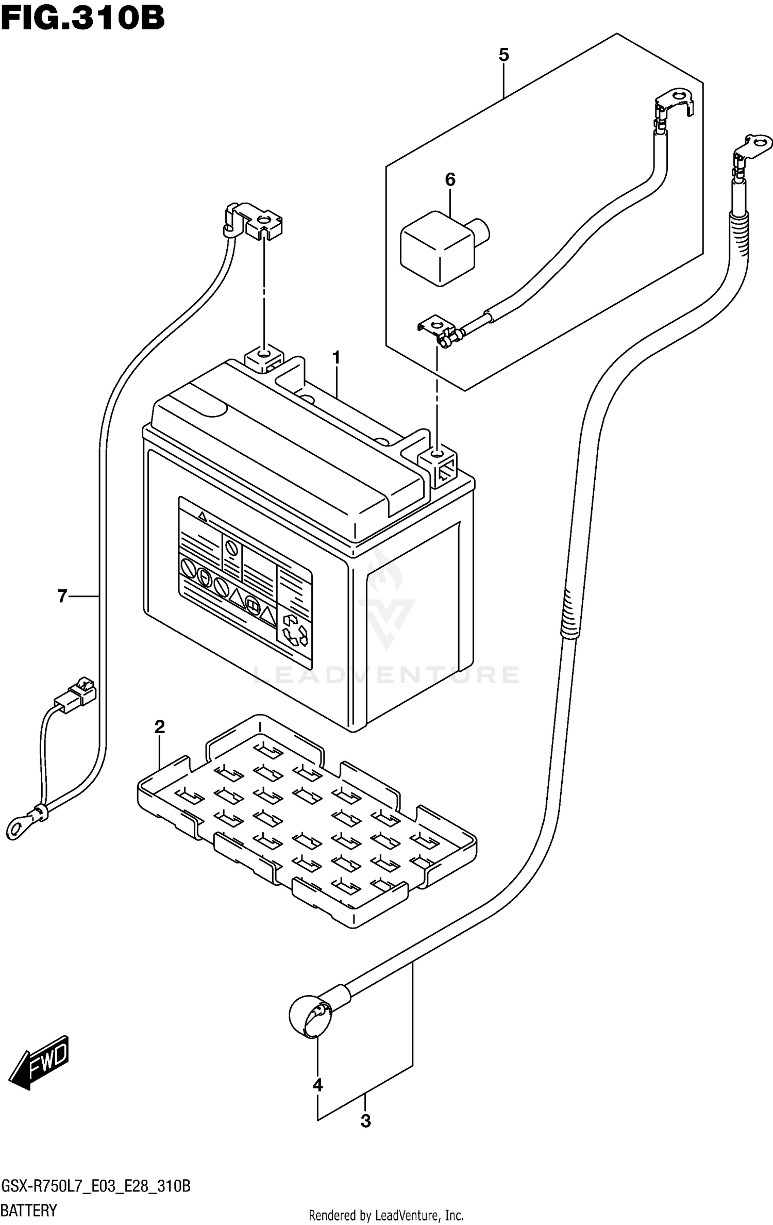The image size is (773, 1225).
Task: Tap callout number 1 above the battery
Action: click(336, 358)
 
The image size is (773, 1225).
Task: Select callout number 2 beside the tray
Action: click(160, 727)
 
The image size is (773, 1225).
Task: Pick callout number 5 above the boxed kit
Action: click(503, 55)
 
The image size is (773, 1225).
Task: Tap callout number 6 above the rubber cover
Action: click(450, 180)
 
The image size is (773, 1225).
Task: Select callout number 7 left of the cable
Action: click(62, 597)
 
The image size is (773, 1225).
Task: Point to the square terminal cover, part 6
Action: click(438, 247)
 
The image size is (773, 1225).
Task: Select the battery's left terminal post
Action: click(263, 356)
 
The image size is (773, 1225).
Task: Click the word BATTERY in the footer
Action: click(29, 1210)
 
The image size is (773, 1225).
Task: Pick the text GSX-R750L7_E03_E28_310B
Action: click(96, 1185)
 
